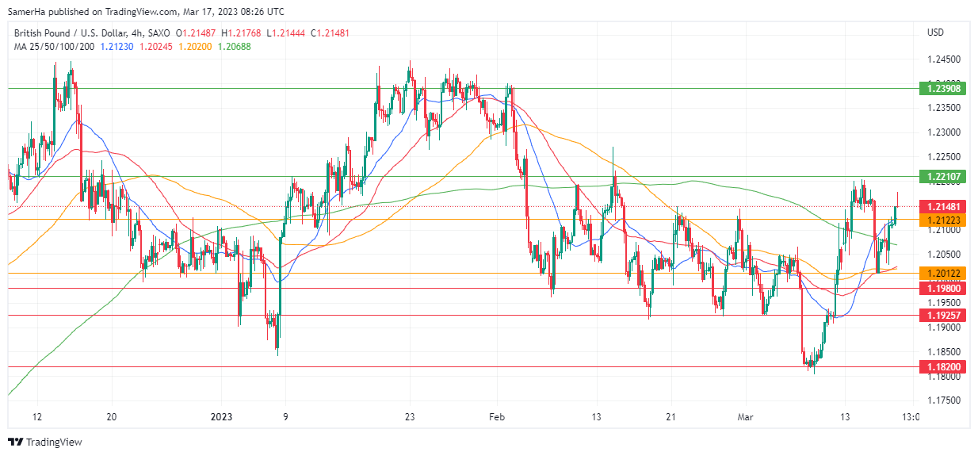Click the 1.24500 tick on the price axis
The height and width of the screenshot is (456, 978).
point(943,59)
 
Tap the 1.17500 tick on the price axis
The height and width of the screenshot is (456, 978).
point(943,400)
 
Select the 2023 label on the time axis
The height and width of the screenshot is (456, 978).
point(221,417)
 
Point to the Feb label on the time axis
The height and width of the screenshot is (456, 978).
point(497,417)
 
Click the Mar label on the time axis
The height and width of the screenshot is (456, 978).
point(746,417)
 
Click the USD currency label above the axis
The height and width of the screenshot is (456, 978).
point(935,33)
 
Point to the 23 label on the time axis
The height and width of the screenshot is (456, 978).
point(409,417)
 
